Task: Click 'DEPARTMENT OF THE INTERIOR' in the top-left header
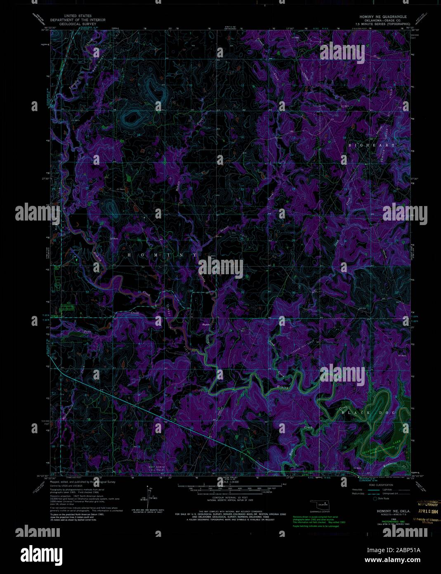(78, 20)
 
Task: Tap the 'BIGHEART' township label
(371, 145)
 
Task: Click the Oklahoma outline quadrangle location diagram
(320, 505)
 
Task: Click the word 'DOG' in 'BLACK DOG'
(388, 413)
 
